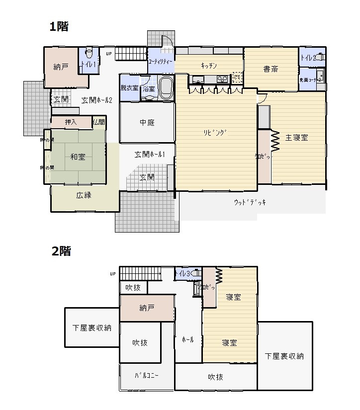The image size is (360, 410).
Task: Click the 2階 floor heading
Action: [61, 251]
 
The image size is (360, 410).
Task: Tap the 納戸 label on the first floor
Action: [61, 67]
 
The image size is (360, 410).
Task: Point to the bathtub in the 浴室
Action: [165, 88]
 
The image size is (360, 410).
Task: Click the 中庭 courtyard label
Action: [147, 123]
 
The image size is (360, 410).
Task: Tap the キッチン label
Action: [209, 66]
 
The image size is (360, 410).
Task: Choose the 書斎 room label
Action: [271, 69]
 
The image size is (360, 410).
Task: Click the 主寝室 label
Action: [297, 138]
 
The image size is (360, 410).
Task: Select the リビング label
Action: [217, 133]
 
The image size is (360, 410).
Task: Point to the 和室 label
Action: [78, 157]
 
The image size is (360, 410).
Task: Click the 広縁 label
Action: [84, 195]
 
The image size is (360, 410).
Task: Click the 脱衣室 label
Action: [129, 88]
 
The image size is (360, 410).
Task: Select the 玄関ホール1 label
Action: [147, 155]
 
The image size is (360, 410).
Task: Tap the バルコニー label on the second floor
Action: [147, 376]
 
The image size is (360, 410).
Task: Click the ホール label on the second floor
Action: [188, 340]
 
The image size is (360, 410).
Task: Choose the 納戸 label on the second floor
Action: [147, 308]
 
